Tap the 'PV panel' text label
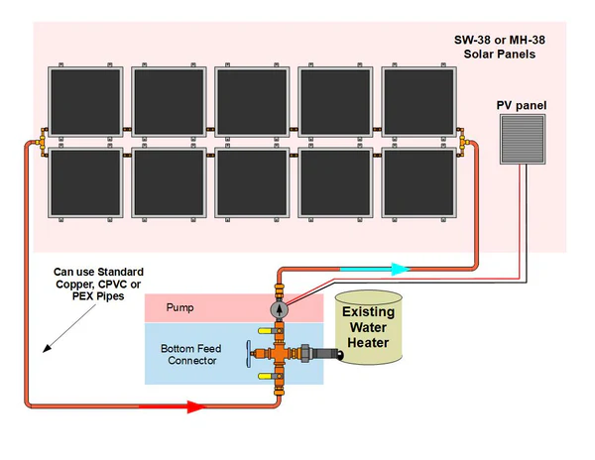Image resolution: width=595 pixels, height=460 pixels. (x=521, y=104)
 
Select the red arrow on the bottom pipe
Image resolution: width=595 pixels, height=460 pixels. (x=177, y=405)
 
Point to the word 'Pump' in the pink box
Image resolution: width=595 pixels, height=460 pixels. (x=181, y=308)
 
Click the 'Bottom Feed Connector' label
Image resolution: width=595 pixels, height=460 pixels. (x=190, y=354)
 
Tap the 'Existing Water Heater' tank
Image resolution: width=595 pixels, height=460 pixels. (x=368, y=326)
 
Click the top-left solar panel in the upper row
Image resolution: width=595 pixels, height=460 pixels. (x=87, y=103)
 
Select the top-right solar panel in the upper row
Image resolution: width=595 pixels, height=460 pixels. (x=420, y=103)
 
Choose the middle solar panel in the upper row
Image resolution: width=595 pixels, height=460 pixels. (x=254, y=103)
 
